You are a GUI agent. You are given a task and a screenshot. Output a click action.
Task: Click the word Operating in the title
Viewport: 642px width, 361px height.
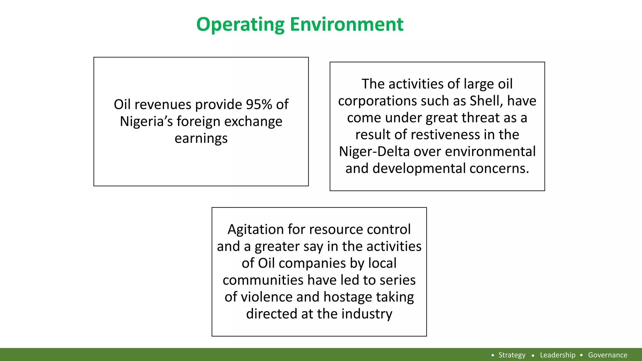pos(240,24)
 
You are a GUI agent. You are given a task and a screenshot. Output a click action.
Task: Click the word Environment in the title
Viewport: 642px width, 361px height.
pos(346,24)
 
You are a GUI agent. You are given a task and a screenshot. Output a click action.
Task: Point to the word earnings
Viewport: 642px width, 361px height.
pos(201,138)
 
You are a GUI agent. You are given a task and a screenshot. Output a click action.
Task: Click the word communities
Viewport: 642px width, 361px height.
pos(263,280)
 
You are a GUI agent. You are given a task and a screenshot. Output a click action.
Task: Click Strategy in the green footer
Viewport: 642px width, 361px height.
pos(512,355)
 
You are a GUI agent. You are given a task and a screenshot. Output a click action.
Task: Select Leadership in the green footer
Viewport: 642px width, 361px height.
pos(557,355)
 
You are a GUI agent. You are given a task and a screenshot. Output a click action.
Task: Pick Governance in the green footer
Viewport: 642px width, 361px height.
pos(608,355)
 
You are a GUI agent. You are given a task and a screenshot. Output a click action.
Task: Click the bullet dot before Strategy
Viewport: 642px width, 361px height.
pos(493,355)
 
